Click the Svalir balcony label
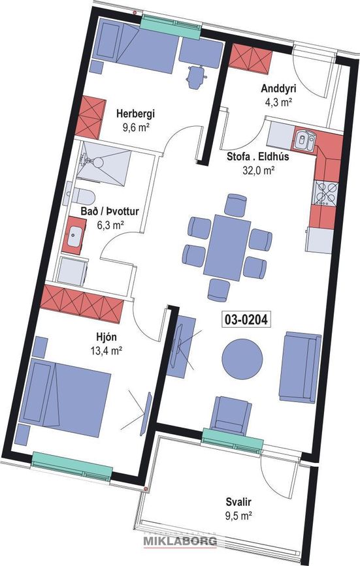tap(239, 502)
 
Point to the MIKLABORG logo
tap(180, 541)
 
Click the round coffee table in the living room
tap(242, 358)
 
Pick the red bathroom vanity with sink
tap(77, 233)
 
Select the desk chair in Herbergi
tap(195, 76)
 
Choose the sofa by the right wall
tap(301, 366)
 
